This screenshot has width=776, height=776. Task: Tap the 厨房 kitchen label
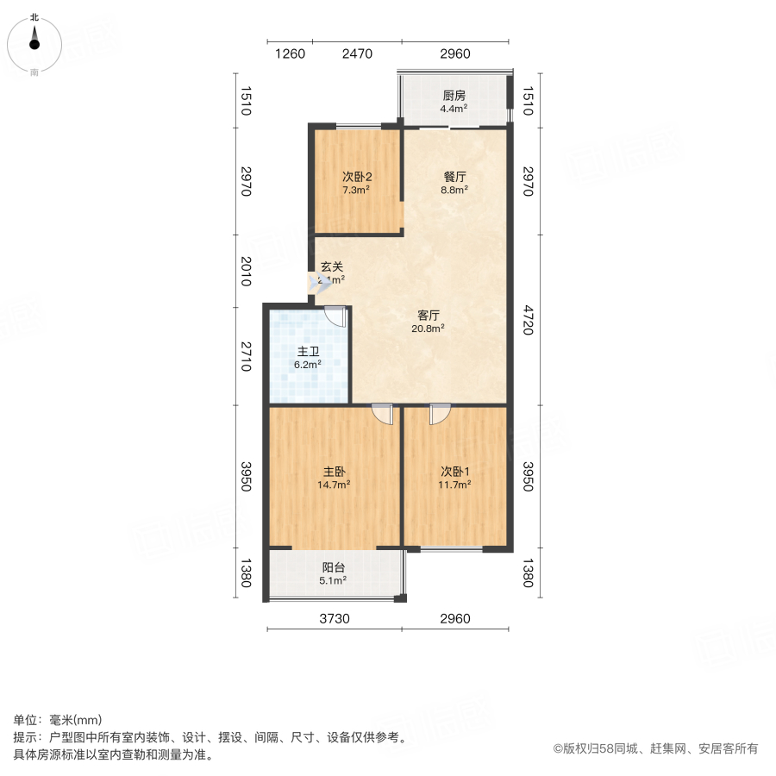454,96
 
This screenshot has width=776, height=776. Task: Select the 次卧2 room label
356,177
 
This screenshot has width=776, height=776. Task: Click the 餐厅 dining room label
454,177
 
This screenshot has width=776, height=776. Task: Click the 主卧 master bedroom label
335,472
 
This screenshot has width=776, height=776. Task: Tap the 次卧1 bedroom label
454,472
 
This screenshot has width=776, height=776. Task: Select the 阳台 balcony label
334,567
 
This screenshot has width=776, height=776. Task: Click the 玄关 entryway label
332,267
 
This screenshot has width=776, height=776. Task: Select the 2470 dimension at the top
357,54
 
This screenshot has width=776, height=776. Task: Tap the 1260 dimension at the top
290,54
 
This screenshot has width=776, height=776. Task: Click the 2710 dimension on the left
246,356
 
